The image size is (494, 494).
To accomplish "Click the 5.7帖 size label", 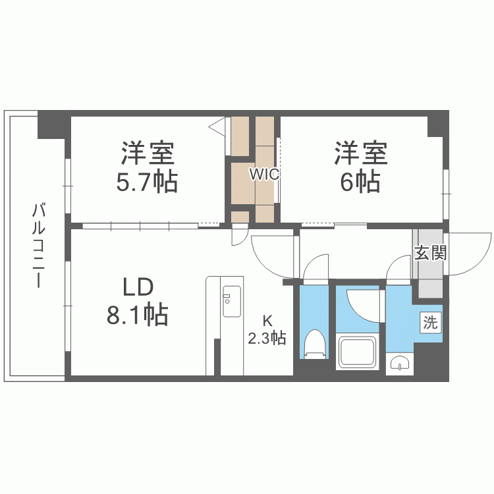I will coord(147,182).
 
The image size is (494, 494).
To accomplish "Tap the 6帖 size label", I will coord(360,182).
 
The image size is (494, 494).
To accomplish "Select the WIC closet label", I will coord(265,175).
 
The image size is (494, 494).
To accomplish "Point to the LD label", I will coord(138,287).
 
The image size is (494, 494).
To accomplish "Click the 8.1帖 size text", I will coord(138,316).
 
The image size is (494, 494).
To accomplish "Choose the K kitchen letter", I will coord(267,321).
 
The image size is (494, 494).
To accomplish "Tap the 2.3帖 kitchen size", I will coord(267,339).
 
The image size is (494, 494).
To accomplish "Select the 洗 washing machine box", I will coord(429,323).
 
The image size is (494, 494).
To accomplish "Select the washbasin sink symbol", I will coord(398,363).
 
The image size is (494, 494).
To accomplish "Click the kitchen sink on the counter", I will coord(232,302).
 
